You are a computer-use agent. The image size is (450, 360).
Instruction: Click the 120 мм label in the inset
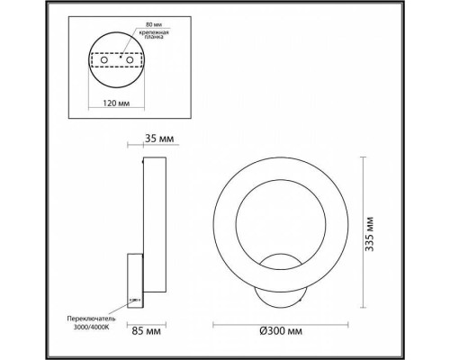pyautogui.click(x=114, y=103)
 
